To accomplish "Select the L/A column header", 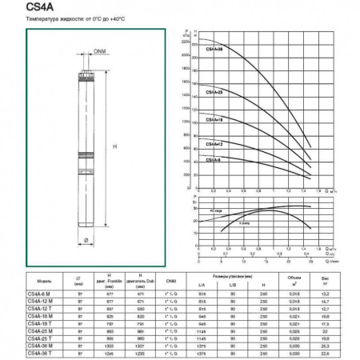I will pos(200,286).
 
